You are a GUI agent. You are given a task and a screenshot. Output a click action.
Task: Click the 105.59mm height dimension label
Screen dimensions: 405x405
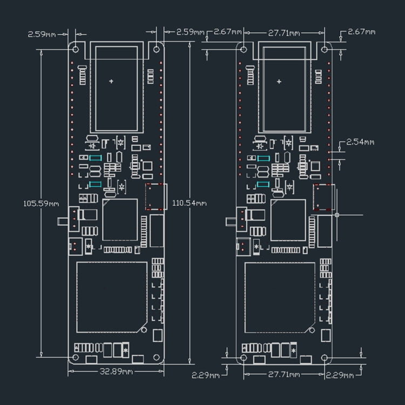[41, 204]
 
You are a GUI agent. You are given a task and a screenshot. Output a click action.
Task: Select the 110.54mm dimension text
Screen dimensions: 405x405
[189, 203]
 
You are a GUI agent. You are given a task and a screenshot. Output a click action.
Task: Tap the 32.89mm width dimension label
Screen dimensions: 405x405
[116, 372]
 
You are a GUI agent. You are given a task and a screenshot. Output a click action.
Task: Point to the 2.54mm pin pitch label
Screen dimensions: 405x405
[360, 142]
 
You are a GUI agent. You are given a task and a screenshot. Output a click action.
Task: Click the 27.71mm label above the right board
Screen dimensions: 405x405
[284, 33]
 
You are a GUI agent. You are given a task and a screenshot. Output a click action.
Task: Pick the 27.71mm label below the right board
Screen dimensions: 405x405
[284, 374]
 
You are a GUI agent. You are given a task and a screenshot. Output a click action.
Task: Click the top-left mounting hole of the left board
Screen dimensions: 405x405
[76, 48]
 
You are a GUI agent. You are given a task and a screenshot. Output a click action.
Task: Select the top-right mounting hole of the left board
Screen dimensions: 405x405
[157, 48]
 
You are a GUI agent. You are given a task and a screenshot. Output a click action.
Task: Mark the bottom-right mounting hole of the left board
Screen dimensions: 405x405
[157, 357]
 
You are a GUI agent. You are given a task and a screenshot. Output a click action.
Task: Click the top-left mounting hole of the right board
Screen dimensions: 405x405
[244, 49]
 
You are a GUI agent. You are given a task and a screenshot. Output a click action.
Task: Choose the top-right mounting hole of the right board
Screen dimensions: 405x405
[325, 49]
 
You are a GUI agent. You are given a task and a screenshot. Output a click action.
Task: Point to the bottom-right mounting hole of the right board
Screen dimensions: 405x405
[325, 357]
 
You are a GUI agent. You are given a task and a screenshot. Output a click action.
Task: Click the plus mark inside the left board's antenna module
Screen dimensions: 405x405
[111, 81]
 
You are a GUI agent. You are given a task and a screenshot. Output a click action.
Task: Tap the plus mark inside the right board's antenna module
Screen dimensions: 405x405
[279, 82]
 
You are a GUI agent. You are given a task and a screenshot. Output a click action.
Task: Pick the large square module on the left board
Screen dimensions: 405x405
[112, 297]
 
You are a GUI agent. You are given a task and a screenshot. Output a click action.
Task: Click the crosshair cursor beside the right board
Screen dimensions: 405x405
[337, 214]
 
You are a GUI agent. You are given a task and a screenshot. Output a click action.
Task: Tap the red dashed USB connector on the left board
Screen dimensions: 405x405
[156, 197]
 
